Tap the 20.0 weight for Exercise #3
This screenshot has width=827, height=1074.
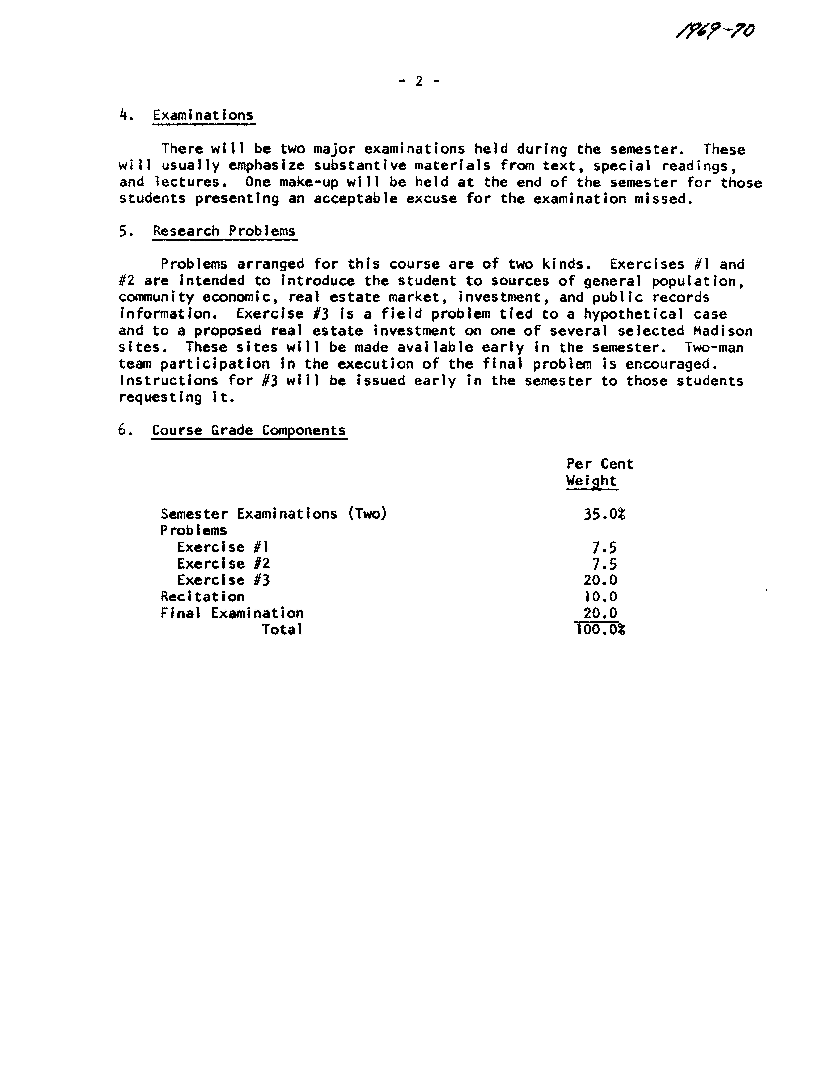tap(600, 580)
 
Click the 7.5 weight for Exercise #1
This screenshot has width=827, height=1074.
tap(604, 547)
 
